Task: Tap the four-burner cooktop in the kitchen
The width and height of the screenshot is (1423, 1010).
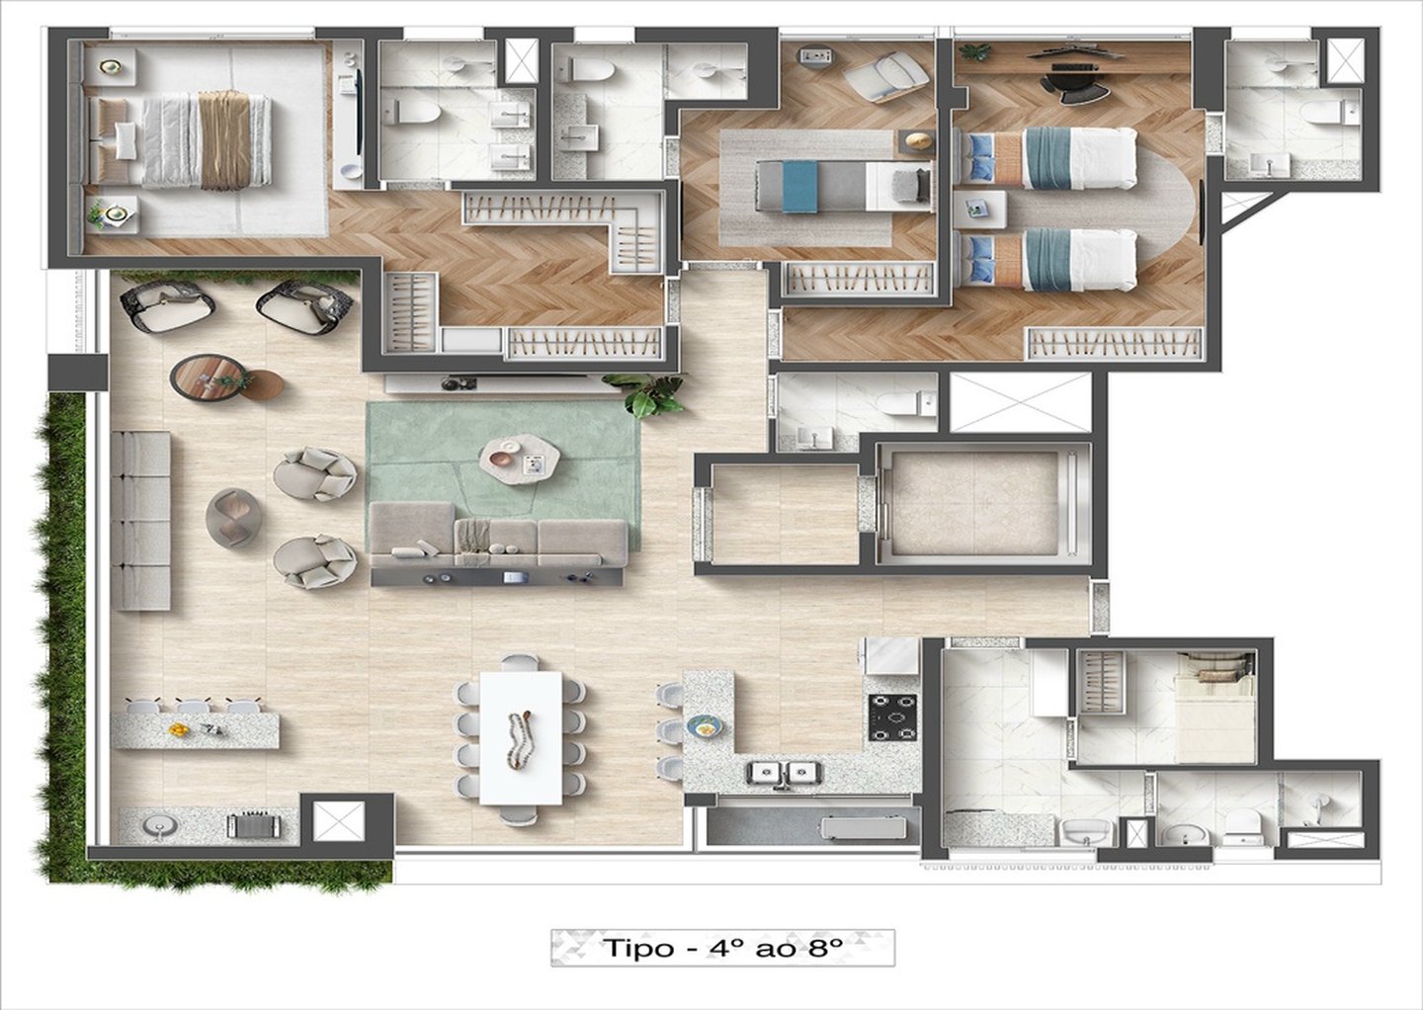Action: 893,717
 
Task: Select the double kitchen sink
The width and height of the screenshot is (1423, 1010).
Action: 785,773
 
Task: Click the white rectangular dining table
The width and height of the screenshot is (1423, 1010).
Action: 520,739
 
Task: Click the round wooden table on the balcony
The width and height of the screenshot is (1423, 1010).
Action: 208,378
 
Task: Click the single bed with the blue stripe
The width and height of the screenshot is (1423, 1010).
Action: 843,186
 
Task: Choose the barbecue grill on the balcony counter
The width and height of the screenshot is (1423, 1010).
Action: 253,826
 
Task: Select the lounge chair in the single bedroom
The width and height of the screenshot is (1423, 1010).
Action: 886,75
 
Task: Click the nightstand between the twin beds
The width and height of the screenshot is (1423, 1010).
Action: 979,209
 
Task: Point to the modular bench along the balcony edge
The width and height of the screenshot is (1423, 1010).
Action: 140,520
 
